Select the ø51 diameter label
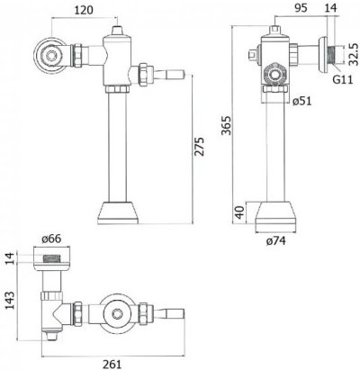click(x=301, y=99)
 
